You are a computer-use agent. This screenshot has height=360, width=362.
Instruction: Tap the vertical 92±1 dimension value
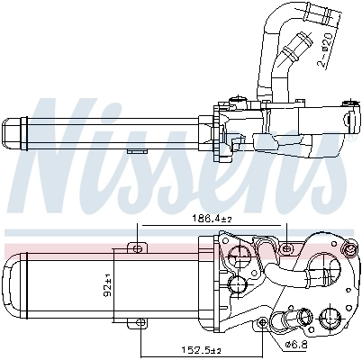click(105, 286)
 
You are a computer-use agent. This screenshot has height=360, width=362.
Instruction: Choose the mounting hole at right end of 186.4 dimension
click(287, 246)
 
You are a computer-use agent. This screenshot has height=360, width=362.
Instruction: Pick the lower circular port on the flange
click(236, 286)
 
